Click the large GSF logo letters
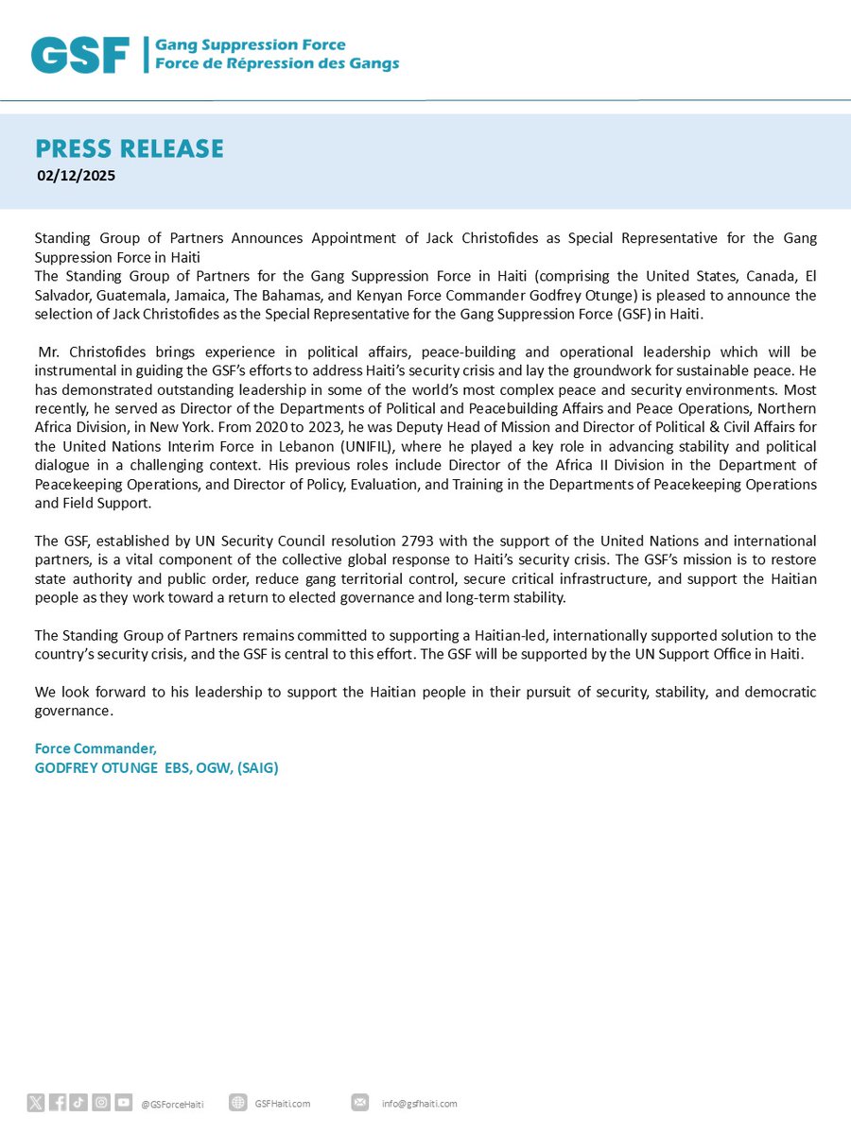(x=80, y=55)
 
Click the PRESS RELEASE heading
(x=130, y=148)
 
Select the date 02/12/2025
(x=77, y=175)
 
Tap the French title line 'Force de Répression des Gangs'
(x=277, y=64)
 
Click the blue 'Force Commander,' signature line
(x=96, y=748)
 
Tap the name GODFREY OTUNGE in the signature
(x=96, y=767)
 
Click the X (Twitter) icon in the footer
(x=36, y=1103)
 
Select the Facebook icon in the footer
(x=58, y=1103)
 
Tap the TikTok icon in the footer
(x=79, y=1103)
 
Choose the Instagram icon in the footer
(x=101, y=1103)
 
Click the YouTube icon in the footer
(x=123, y=1103)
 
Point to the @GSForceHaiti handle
(x=172, y=1104)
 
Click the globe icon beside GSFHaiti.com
(x=238, y=1103)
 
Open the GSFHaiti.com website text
(x=283, y=1104)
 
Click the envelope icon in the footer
(x=360, y=1103)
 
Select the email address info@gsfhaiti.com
(x=420, y=1104)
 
